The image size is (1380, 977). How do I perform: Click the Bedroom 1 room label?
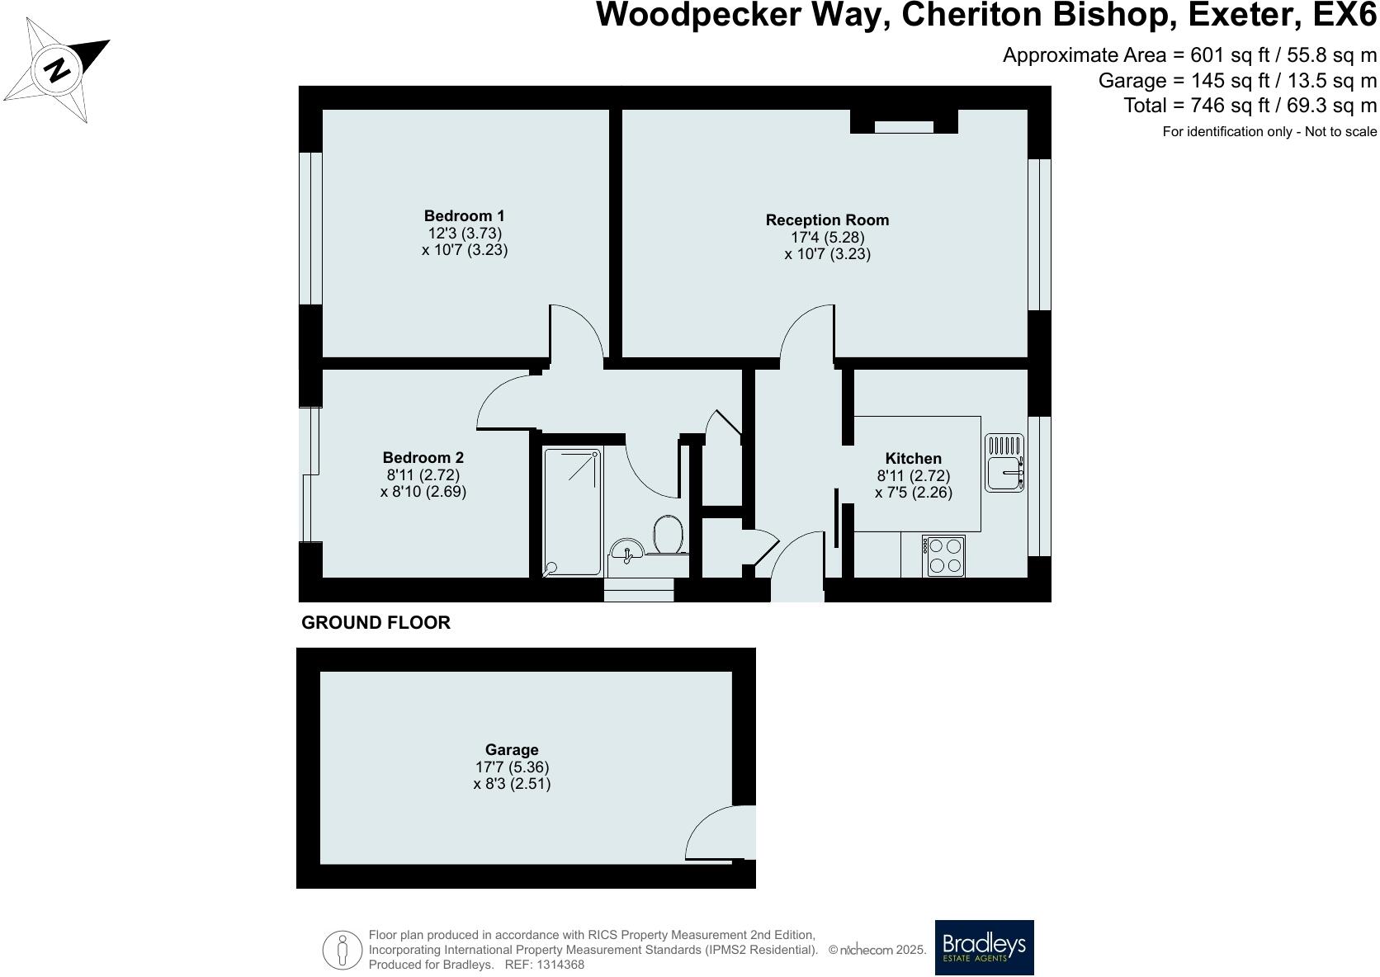(x=464, y=215)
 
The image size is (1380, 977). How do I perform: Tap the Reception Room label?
(x=827, y=220)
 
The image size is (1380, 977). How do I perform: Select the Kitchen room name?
(x=913, y=458)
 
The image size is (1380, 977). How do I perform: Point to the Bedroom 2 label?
(x=423, y=458)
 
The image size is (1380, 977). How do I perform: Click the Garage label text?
(x=512, y=750)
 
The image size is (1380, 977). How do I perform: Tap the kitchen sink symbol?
(x=1004, y=463)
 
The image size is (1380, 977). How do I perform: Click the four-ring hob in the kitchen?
(x=943, y=556)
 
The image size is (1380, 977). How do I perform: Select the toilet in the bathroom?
(x=669, y=535)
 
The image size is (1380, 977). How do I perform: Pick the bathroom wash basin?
(x=626, y=550)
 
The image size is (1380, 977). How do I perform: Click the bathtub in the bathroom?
(x=572, y=512)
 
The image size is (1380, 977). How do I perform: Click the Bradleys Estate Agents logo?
(x=984, y=947)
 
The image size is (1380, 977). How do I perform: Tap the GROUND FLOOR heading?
(x=376, y=623)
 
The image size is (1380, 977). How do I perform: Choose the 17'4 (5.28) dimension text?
(x=827, y=237)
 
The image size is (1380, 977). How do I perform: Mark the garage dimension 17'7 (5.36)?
(x=512, y=767)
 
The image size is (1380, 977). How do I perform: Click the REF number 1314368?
(x=560, y=965)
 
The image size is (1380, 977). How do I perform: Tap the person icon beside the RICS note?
(x=342, y=950)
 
